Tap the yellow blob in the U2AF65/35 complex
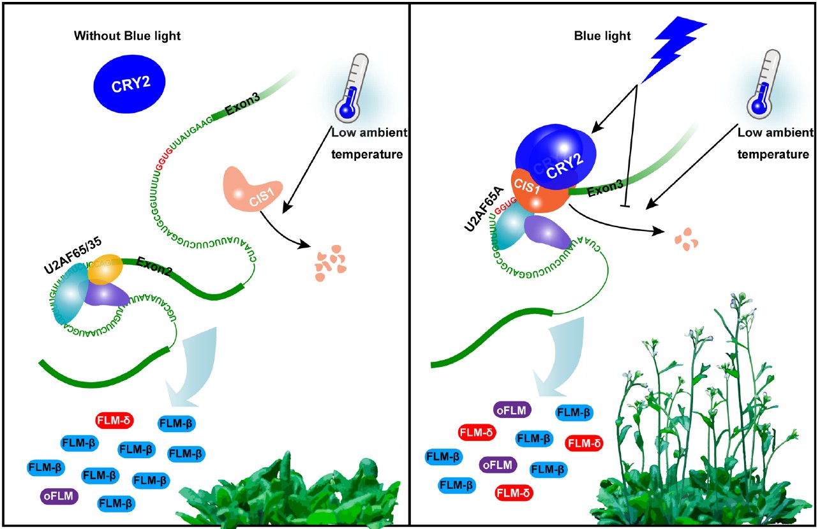click(x=103, y=269)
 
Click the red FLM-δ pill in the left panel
click(x=114, y=421)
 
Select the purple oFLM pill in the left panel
click(x=59, y=495)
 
